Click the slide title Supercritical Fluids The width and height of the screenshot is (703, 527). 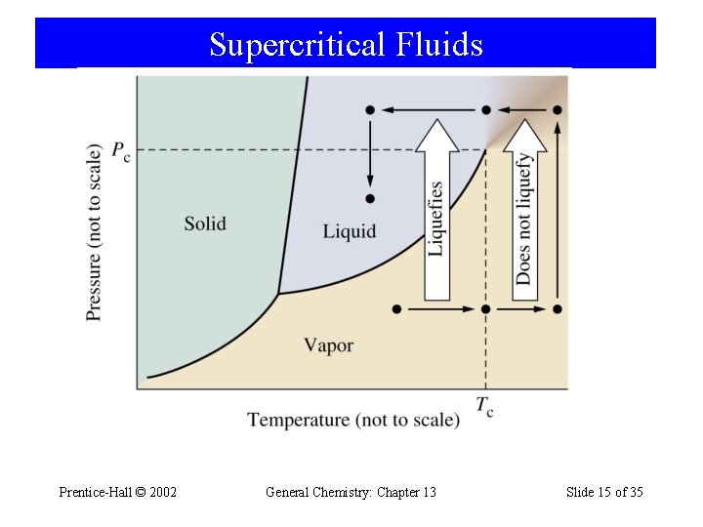346,45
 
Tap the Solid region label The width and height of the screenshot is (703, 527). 205,223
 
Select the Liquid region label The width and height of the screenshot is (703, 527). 349,231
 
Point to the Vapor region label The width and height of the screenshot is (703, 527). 328,345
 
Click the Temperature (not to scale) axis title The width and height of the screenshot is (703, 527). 352,420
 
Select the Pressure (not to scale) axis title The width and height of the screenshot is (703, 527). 95,232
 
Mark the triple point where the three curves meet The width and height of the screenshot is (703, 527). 278,293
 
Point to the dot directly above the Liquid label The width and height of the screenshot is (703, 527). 370,199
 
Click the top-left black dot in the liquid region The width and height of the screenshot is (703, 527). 370,110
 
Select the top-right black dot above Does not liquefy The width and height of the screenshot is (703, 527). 557,110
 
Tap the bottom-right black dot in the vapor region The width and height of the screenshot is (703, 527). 557,309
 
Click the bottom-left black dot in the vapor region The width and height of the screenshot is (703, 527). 395,309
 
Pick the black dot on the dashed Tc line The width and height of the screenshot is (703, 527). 486,309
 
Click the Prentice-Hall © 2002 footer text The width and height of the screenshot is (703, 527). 118,492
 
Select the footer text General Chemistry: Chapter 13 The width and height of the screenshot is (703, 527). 351,492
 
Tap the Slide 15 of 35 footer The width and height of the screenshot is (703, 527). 604,492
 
